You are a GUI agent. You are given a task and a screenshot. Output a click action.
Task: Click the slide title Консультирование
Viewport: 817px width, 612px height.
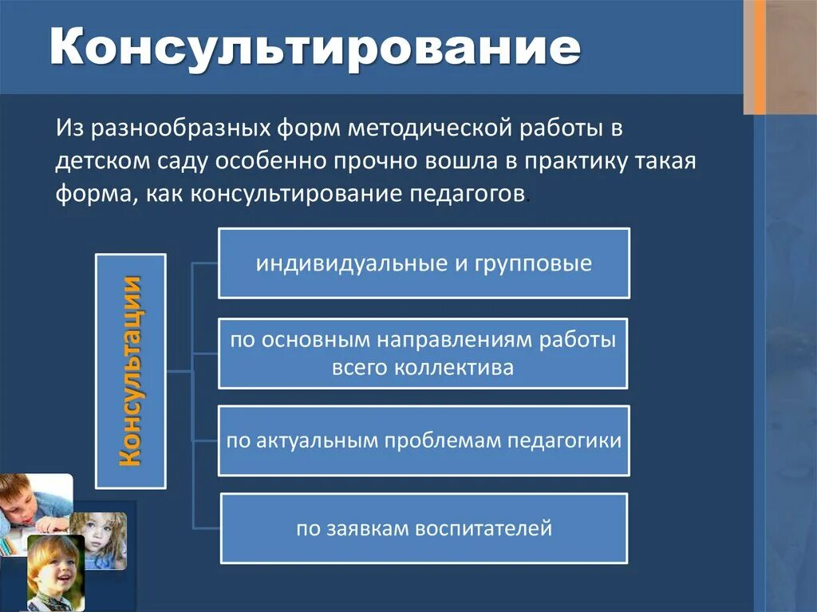pyautogui.click(x=314, y=49)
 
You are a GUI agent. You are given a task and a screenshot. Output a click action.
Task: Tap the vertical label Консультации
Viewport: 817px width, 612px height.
pyautogui.click(x=130, y=371)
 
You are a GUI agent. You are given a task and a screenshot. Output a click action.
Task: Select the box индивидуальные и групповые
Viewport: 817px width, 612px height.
pyautogui.click(x=424, y=263)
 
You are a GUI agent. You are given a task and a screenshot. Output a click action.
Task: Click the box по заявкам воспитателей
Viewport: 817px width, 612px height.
pyautogui.click(x=424, y=528)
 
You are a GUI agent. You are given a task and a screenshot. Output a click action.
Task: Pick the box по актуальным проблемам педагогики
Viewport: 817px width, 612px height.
pyautogui.click(x=424, y=441)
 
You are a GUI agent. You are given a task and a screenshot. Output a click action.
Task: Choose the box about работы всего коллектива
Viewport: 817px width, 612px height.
pyautogui.click(x=424, y=353)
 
